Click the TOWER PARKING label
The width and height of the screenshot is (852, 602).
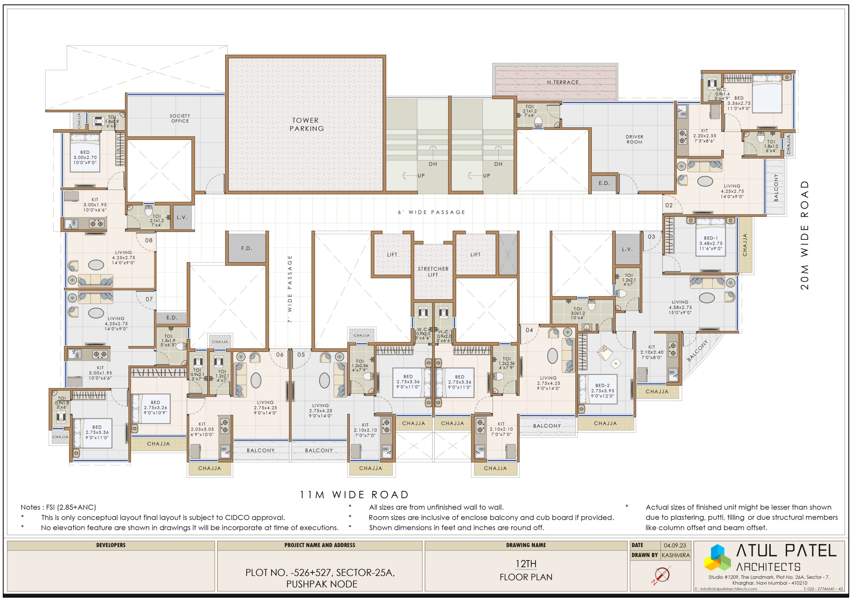pos(307,124)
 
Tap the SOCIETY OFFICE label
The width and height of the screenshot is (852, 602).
pos(180,119)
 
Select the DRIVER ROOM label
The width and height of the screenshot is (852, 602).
pos(634,139)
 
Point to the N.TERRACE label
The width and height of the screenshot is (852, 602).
pos(562,82)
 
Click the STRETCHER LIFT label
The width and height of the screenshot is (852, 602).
pos(433,272)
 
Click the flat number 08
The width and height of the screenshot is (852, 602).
pos(149,240)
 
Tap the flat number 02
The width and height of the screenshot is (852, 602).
pos(669,205)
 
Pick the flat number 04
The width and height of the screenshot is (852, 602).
pos(529,330)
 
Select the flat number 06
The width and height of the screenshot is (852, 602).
pos(280,355)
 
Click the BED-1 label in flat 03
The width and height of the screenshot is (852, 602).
pos(711,238)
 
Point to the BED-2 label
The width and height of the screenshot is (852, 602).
pos(602,385)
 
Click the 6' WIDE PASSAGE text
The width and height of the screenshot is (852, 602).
pos(432,212)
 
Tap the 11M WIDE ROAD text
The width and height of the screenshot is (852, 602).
pos(354,494)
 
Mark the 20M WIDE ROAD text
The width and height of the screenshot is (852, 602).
pos(804,235)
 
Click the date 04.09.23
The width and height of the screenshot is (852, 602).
pos(675,545)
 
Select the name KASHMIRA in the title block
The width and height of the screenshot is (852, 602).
pos(675,555)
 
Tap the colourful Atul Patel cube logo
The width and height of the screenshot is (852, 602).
pos(717,557)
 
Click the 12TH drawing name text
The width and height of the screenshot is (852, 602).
pos(526,564)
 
